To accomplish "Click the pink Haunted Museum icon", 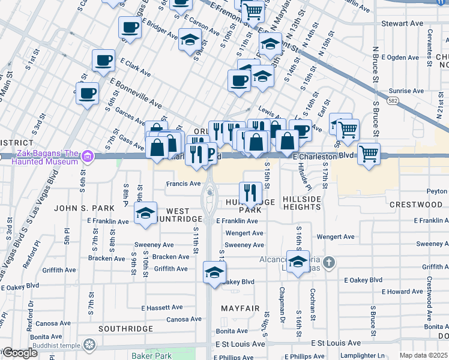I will pyautogui.click(x=88, y=157).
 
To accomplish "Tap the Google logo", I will pyautogui.click(x=20, y=353).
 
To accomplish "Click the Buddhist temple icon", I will pyautogui.click(x=89, y=345).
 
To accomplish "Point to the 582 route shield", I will pyautogui.click(x=394, y=100).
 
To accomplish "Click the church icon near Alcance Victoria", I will pyautogui.click(x=328, y=262).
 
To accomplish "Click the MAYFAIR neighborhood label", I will pyautogui.click(x=240, y=309).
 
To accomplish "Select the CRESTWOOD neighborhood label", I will pyautogui.click(x=416, y=205).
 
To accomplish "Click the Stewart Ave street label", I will pyautogui.click(x=402, y=24).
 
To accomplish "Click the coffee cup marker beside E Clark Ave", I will pyautogui.click(x=103, y=61).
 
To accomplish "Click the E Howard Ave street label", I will pyautogui.click(x=402, y=292).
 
